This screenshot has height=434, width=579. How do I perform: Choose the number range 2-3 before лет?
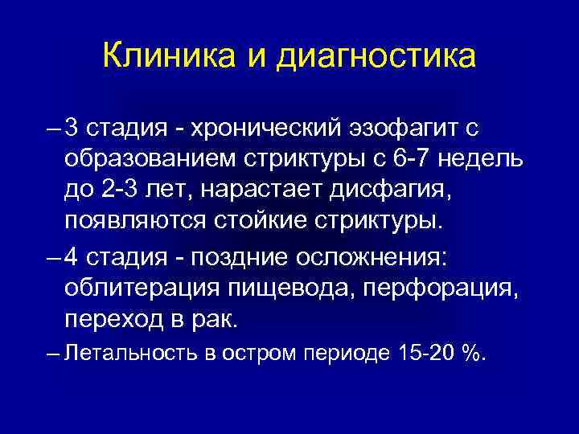[x=116, y=189]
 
